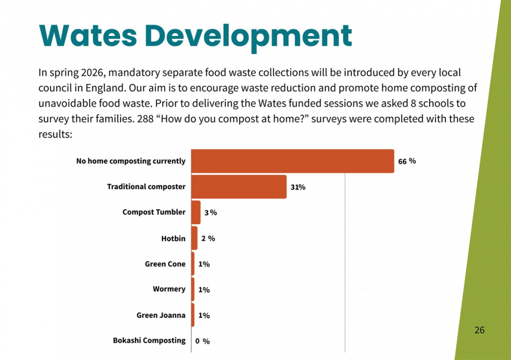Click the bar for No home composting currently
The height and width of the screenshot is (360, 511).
[x=293, y=161]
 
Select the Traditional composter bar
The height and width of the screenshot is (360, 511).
[x=239, y=187]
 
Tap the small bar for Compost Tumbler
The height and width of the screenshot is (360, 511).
[x=196, y=213]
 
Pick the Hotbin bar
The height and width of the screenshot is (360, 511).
[x=194, y=238]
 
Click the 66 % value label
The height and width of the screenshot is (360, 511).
[x=406, y=161]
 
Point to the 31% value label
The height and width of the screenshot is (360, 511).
[x=298, y=187]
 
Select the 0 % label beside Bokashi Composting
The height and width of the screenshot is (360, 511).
[x=202, y=341]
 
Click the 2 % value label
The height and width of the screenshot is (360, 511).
[x=208, y=238]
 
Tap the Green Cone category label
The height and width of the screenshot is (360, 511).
[x=165, y=264]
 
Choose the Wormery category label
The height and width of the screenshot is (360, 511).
[x=169, y=289]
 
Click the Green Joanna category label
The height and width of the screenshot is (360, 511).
[x=161, y=315]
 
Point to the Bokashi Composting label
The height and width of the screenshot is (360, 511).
[x=149, y=341]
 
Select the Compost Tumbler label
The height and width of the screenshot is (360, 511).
[x=154, y=212]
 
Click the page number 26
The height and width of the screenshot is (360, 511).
[x=479, y=330]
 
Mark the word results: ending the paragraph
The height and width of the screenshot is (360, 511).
[x=55, y=135]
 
